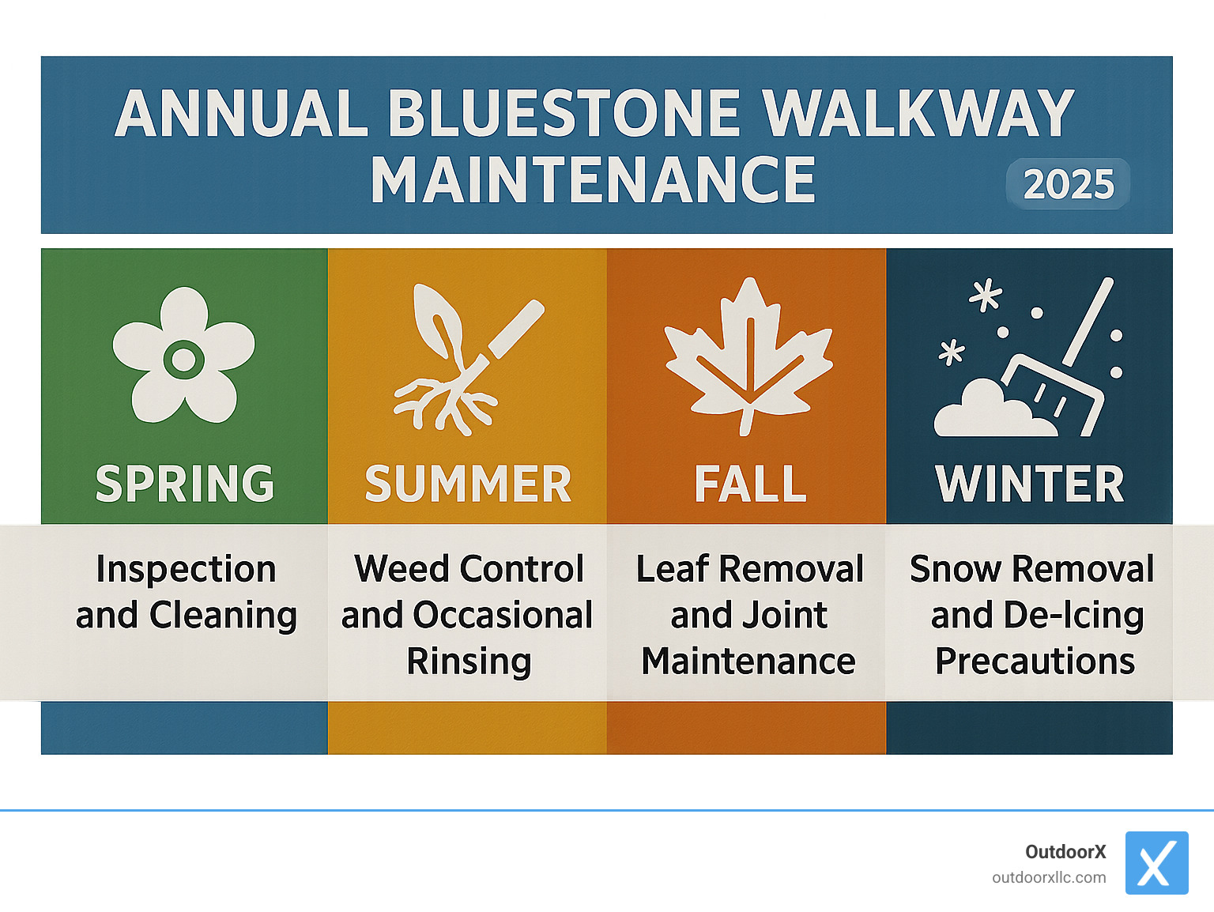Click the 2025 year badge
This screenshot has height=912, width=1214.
pos(1068,184)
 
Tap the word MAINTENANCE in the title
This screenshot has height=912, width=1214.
pos(593,181)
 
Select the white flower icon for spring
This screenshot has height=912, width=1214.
pos(184,355)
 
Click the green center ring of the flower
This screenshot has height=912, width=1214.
pos(184,360)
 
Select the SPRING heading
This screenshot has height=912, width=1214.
pos(184,484)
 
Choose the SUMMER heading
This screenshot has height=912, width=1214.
pos(468,484)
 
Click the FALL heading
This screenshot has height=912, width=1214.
pos(750,484)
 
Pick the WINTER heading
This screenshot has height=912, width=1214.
pos(1030,484)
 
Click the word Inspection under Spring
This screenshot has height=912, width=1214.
pos(186,569)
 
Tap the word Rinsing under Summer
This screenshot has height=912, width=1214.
pos(469,661)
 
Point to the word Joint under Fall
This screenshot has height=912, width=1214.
pos(787,615)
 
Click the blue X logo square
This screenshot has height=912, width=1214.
pos(1156,863)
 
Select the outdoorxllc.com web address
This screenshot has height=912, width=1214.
pos(1049,877)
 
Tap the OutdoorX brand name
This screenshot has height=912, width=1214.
pos(1065,852)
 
